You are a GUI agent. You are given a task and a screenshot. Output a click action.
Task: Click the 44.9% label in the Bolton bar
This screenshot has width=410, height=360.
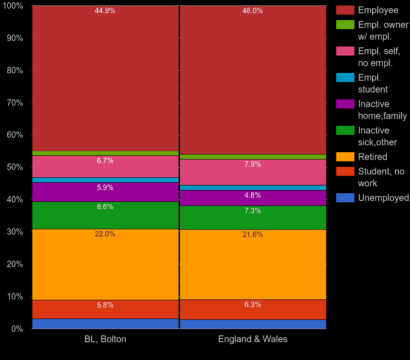pyautogui.click(x=105, y=11)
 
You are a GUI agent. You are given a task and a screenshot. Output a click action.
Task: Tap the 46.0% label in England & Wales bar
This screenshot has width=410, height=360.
pyautogui.click(x=252, y=11)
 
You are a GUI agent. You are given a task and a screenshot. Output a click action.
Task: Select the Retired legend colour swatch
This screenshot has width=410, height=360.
pyautogui.click(x=345, y=157)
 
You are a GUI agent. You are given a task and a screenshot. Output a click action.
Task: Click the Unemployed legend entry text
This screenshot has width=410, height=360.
pyautogui.click(x=383, y=198)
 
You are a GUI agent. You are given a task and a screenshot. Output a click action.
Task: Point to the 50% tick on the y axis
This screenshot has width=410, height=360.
pyautogui.click(x=15, y=167)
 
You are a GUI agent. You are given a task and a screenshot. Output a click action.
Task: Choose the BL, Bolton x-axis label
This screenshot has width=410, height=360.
pyautogui.click(x=105, y=339)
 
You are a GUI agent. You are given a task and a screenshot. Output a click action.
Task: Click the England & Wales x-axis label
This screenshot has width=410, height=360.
pyautogui.click(x=252, y=339)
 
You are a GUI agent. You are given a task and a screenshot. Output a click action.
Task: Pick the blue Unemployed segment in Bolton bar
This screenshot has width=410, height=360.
pyautogui.click(x=105, y=324)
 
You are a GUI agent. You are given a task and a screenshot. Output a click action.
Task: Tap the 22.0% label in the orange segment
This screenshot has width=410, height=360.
pyautogui.click(x=105, y=234)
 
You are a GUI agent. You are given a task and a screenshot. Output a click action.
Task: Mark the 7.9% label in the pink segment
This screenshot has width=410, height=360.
pyautogui.click(x=252, y=165)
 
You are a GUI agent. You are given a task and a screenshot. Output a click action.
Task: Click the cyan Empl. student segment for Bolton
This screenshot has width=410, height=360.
pyautogui.click(x=105, y=180)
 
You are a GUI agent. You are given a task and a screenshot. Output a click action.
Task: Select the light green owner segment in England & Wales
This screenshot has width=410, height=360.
pyautogui.click(x=252, y=157)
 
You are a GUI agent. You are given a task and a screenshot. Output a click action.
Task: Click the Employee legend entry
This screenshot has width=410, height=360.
pyautogui.click(x=378, y=10)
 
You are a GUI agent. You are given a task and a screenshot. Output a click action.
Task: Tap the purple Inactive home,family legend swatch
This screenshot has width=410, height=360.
pyautogui.click(x=345, y=104)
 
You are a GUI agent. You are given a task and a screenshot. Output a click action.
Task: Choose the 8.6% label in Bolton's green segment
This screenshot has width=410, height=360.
pyautogui.click(x=105, y=207)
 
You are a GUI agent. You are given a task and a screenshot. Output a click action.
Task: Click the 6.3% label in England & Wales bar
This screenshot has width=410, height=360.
pyautogui.click(x=252, y=305)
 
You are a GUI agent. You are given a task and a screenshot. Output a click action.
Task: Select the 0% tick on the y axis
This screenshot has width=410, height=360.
pyautogui.click(x=16, y=329)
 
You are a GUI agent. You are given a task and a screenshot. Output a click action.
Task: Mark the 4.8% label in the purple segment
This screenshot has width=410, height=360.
pyautogui.click(x=252, y=195)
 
